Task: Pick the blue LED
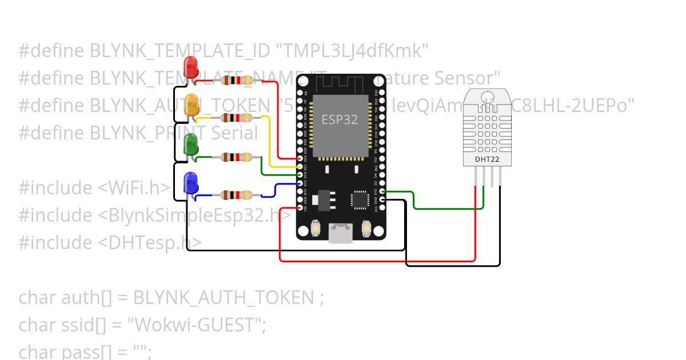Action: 190,182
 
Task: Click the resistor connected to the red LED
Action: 237,80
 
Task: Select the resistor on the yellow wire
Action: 237,118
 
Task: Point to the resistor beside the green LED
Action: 237,157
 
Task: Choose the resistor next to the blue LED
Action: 237,195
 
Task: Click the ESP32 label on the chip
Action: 340,119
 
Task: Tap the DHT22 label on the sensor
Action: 488,159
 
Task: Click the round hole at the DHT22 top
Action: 487,97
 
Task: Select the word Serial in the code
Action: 234,133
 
